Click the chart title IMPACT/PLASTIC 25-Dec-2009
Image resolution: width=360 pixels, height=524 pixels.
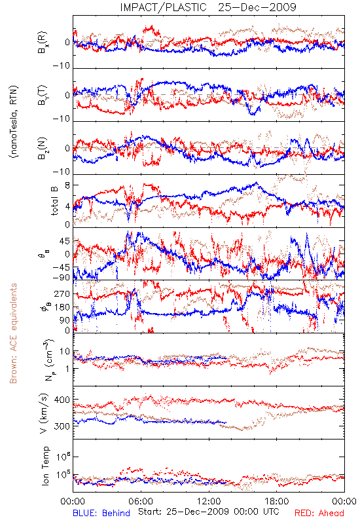click(208, 7)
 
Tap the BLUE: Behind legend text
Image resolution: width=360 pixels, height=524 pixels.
click(101, 513)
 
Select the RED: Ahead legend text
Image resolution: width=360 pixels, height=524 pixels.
click(319, 513)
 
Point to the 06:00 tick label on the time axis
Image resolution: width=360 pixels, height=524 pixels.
click(141, 502)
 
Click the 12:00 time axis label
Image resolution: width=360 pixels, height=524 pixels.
click(209, 502)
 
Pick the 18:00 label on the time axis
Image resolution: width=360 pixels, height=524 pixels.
click(276, 502)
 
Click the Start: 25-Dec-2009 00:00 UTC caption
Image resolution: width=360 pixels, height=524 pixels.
click(209, 512)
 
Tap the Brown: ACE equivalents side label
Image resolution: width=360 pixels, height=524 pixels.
click(13, 333)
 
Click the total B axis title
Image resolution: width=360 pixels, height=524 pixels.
click(54, 201)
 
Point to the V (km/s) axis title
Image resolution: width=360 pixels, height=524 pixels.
click(45, 413)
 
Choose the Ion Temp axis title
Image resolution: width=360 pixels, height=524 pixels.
click(45, 466)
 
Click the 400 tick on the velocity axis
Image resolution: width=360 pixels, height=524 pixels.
click(62, 400)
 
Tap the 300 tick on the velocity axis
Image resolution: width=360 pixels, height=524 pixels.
click(62, 426)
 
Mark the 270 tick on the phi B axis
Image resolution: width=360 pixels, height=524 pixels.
click(62, 293)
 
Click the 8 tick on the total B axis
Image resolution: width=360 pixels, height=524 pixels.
click(67, 185)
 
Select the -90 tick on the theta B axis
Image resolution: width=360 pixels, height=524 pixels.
click(62, 277)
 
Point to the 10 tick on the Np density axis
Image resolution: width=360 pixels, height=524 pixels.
click(65, 352)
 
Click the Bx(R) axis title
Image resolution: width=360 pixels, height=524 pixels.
click(43, 43)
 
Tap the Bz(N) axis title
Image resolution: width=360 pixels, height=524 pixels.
click(43, 148)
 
